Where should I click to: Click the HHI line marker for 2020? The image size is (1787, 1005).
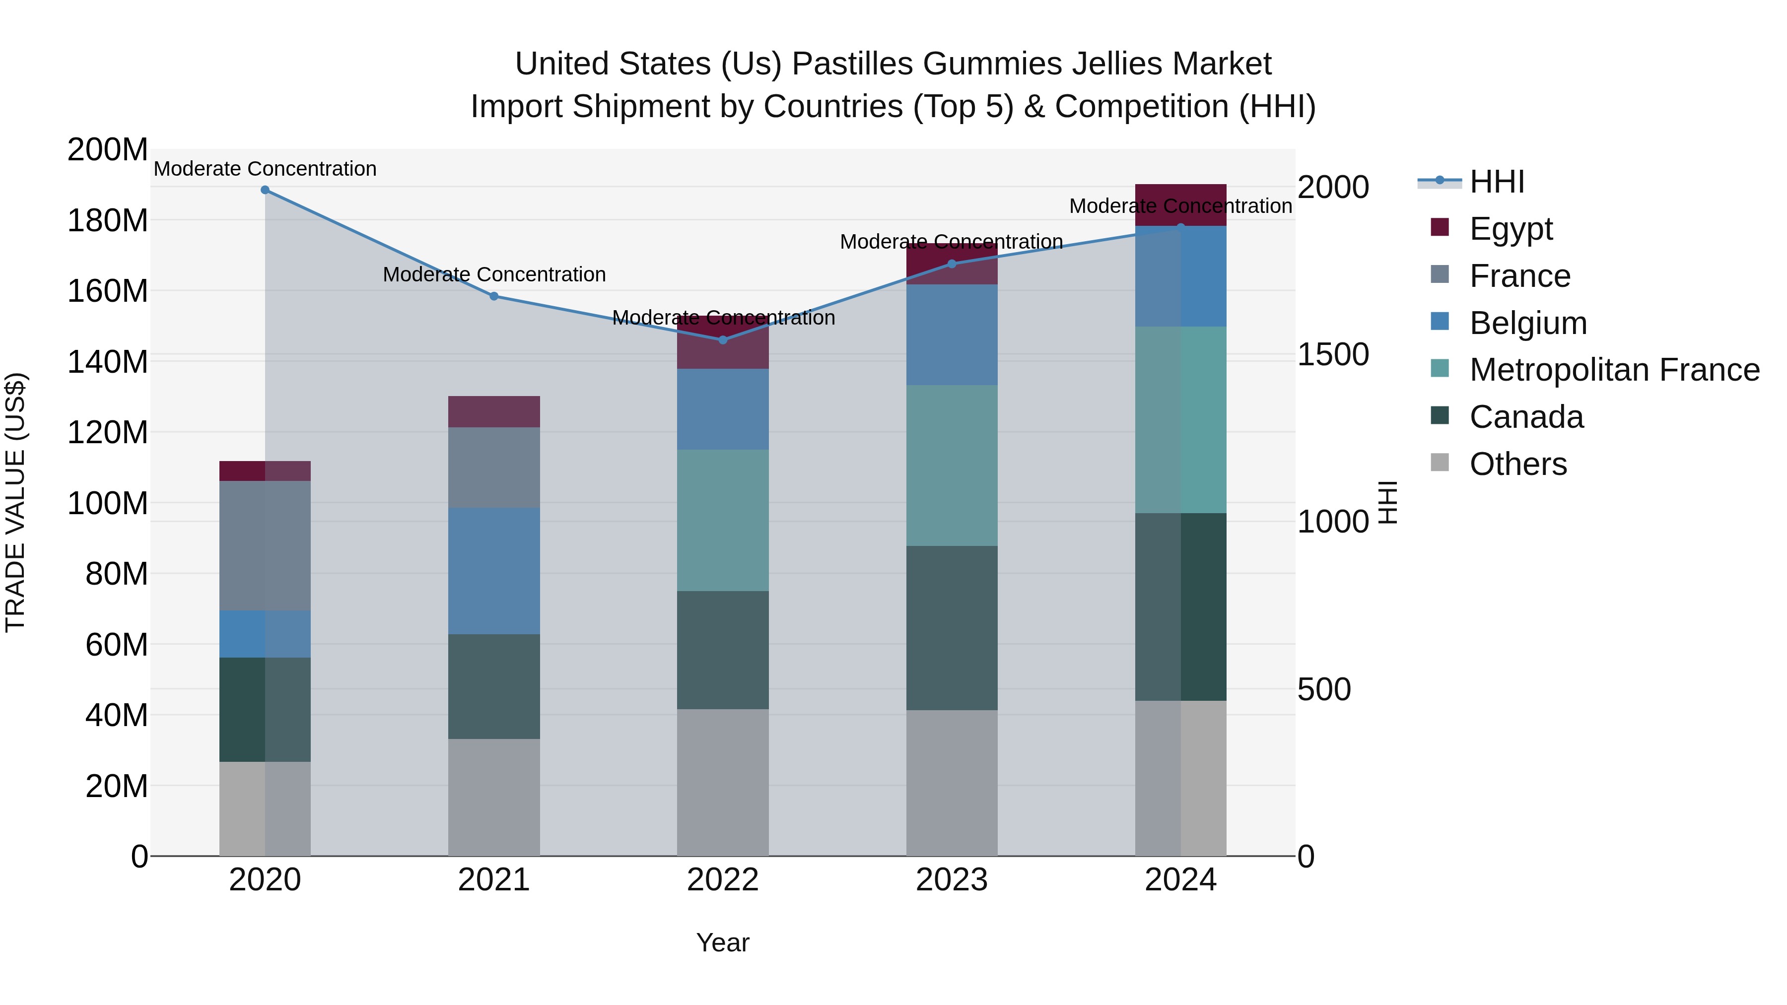pos(265,190)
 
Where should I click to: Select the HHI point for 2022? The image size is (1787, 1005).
pos(723,340)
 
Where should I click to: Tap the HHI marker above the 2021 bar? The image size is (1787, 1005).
pos(494,296)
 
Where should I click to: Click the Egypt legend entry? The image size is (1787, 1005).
pos(1510,228)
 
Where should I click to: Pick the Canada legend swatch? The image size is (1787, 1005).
pos(1440,417)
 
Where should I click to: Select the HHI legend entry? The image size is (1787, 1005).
pos(1496,182)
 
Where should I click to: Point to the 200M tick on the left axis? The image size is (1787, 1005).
pos(108,150)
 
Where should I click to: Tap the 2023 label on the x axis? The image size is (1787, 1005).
pos(951,880)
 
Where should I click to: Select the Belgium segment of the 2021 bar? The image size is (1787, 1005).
pos(494,570)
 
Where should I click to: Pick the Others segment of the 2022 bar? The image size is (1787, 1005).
pos(723,782)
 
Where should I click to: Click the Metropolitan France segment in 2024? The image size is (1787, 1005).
pos(1181,419)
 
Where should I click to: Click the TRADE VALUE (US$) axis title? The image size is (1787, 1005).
pos(15,502)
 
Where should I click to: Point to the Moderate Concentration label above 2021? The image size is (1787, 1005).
pos(494,274)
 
